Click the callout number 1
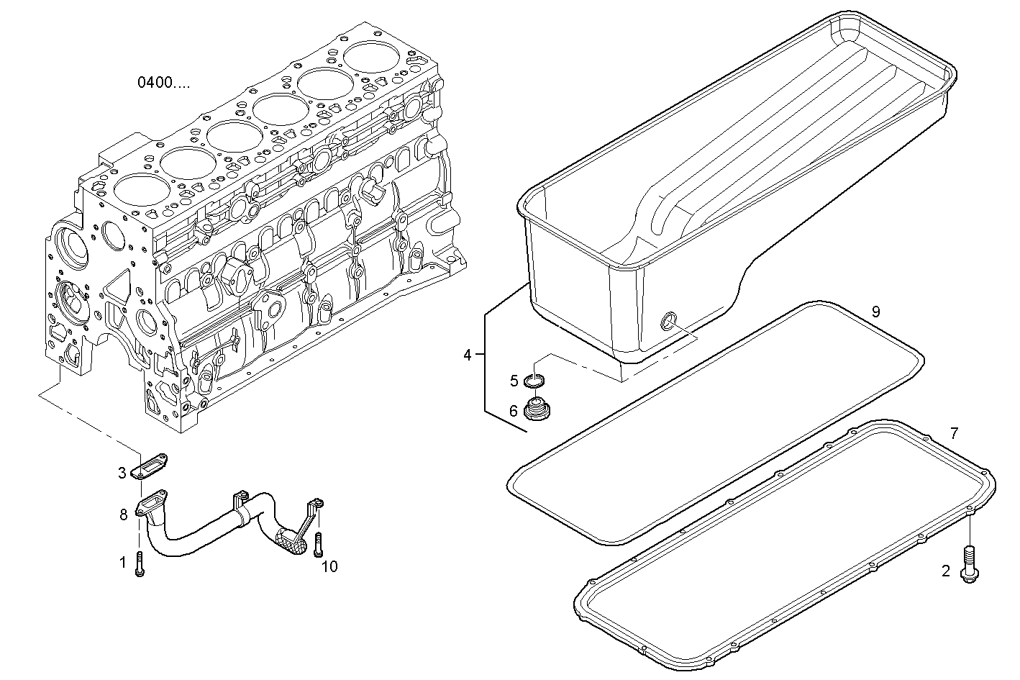[x=122, y=561]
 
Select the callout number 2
[x=946, y=571]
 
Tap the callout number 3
[x=123, y=473]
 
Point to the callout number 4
[x=468, y=355]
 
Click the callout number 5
[x=514, y=380]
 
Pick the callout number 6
[x=514, y=411]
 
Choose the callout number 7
[x=954, y=433]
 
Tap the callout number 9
[x=875, y=312]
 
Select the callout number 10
[x=329, y=567]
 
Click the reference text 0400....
[x=165, y=83]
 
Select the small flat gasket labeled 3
[x=152, y=466]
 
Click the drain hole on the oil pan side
[x=669, y=321]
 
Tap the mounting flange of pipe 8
[x=152, y=502]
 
